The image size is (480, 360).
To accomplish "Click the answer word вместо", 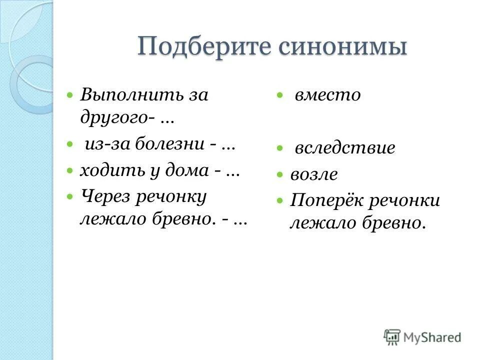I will [327, 95].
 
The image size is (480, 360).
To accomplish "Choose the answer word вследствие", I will [345, 148].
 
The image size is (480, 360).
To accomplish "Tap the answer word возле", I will [314, 174].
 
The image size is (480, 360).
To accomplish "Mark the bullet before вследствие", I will [281, 148].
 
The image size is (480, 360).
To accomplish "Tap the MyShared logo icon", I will [392, 337].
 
